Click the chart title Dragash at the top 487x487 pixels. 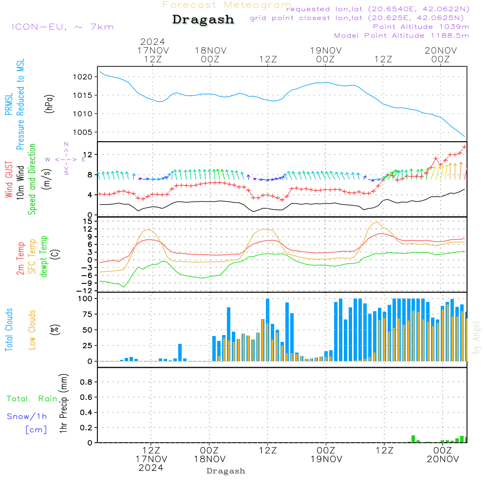pyautogui.click(x=203, y=20)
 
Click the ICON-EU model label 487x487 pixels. pyautogui.click(x=62, y=26)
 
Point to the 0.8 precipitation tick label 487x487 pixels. pyautogui.click(x=86, y=382)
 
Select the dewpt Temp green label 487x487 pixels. pyautogui.click(x=44, y=257)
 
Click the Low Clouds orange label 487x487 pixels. pyautogui.click(x=32, y=329)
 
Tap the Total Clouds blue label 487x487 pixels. pyautogui.click(x=9, y=329)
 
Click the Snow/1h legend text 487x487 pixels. pyautogui.click(x=27, y=416)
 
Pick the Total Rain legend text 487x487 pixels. pyautogui.click(x=32, y=398)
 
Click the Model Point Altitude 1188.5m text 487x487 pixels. pyautogui.click(x=401, y=36)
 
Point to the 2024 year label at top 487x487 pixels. pyautogui.click(x=152, y=41)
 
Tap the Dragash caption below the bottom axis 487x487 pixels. pyautogui.click(x=226, y=471)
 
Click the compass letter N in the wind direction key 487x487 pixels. pyautogui.click(x=66, y=144)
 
